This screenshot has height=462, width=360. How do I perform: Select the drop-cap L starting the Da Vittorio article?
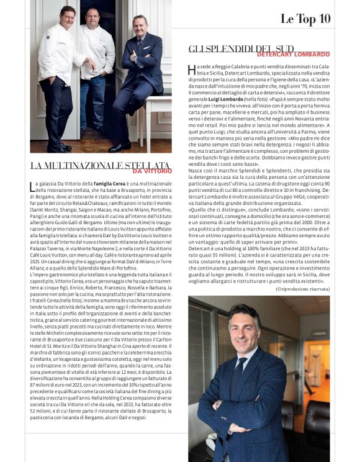pos(33,186)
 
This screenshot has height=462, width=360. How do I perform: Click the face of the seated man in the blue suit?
pos(139,25)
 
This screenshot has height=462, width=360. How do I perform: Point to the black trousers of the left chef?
pos(57,112)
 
